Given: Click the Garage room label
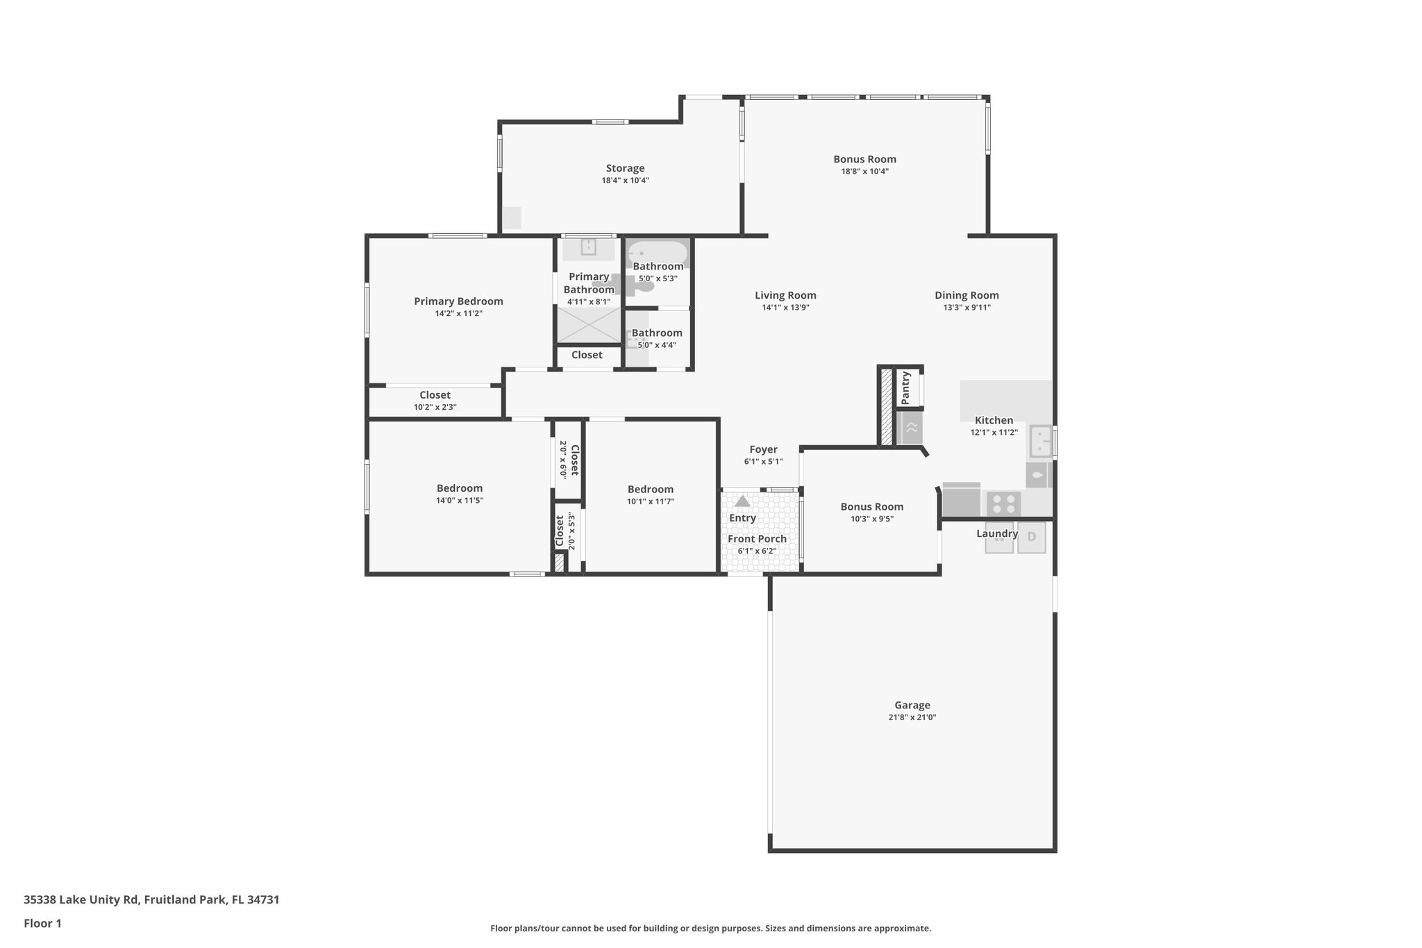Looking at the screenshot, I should (912, 705).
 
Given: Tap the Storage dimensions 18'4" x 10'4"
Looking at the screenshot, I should (625, 181).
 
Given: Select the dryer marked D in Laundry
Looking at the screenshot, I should (1031, 537).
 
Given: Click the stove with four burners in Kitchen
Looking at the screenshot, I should (1003, 504).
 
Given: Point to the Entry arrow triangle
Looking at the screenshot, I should (742, 501).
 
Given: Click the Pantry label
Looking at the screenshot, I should (905, 388).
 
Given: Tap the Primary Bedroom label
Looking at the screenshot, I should (458, 301).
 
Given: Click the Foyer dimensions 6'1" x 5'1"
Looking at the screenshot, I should (763, 462).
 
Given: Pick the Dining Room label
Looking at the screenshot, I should (967, 295).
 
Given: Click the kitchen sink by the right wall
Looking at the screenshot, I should (1041, 441).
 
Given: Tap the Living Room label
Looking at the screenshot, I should (785, 295).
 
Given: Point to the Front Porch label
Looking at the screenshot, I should (757, 539).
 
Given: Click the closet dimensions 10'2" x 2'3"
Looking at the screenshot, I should (435, 408).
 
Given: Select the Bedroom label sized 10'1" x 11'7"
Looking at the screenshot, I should (651, 489).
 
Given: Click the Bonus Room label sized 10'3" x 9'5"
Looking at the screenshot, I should (871, 506).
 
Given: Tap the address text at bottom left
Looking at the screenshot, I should (151, 899).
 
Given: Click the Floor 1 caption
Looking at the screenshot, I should (42, 923).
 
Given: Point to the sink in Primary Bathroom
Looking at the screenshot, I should (588, 247).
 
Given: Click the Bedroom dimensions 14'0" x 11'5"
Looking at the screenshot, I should (459, 501).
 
